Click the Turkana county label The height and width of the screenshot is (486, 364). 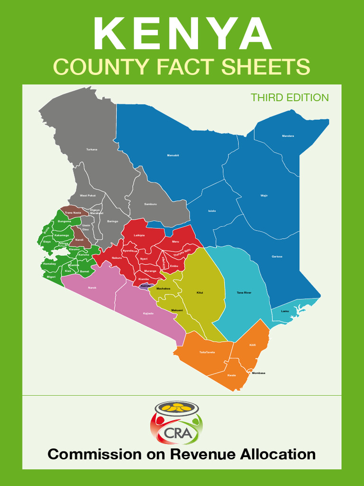(91, 150)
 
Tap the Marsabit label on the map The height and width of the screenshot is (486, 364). (173, 155)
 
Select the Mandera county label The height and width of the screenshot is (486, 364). (288, 136)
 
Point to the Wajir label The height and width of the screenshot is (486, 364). (264, 196)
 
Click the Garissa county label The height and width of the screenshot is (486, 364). (277, 257)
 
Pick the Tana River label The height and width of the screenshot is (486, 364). (244, 293)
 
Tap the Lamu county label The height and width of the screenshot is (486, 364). (285, 311)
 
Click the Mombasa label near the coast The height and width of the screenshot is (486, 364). (258, 373)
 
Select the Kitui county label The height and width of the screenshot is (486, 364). (200, 293)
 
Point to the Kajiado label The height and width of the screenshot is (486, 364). (148, 314)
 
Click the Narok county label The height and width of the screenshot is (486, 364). (92, 288)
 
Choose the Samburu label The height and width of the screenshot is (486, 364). (150, 204)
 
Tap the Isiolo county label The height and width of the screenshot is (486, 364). (212, 211)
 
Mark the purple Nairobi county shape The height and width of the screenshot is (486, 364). (146, 286)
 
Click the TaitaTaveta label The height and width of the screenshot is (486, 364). (207, 352)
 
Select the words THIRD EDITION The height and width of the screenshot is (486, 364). (290, 98)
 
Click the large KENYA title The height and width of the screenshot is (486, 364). (182, 34)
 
